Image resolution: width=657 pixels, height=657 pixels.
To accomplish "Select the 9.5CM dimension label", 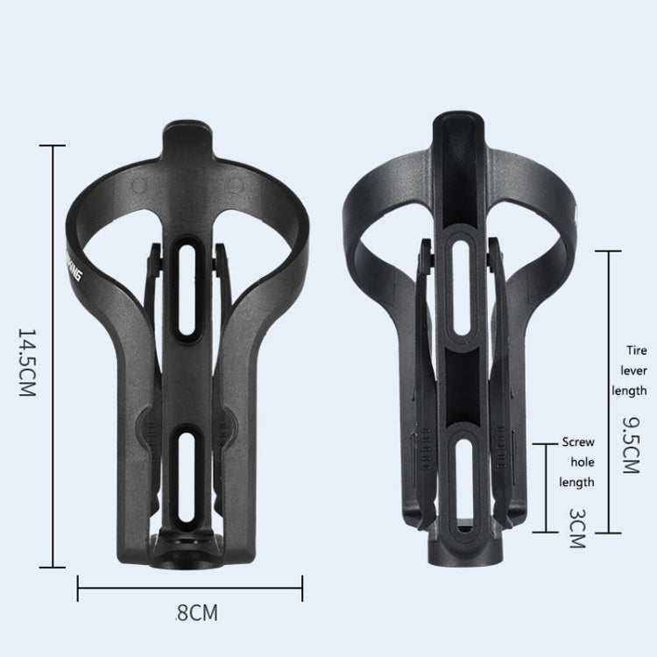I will [629, 444].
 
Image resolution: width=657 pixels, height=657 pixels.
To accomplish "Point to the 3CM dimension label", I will [577, 527].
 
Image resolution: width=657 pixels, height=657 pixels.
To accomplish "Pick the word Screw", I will [577, 442].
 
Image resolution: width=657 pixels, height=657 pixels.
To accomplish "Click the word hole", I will [582, 462].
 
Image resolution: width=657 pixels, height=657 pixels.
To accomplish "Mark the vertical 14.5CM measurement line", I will [53, 357].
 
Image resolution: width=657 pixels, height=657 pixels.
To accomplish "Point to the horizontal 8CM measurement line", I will [190, 588].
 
